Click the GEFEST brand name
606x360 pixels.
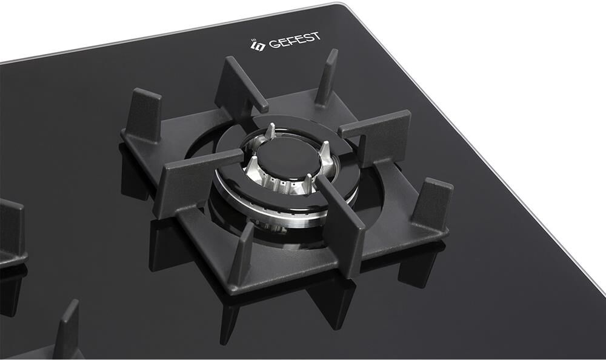point(295,40)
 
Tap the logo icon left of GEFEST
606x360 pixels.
point(258,45)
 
